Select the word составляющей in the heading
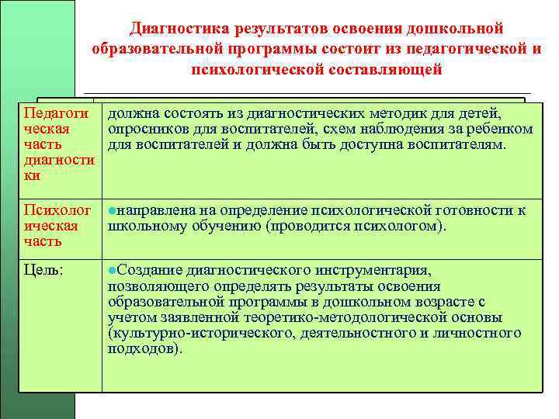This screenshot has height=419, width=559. pyautogui.click(x=380, y=69)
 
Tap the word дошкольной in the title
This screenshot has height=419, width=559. pyautogui.click(x=457, y=29)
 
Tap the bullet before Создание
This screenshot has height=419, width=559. pyautogui.click(x=112, y=270)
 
